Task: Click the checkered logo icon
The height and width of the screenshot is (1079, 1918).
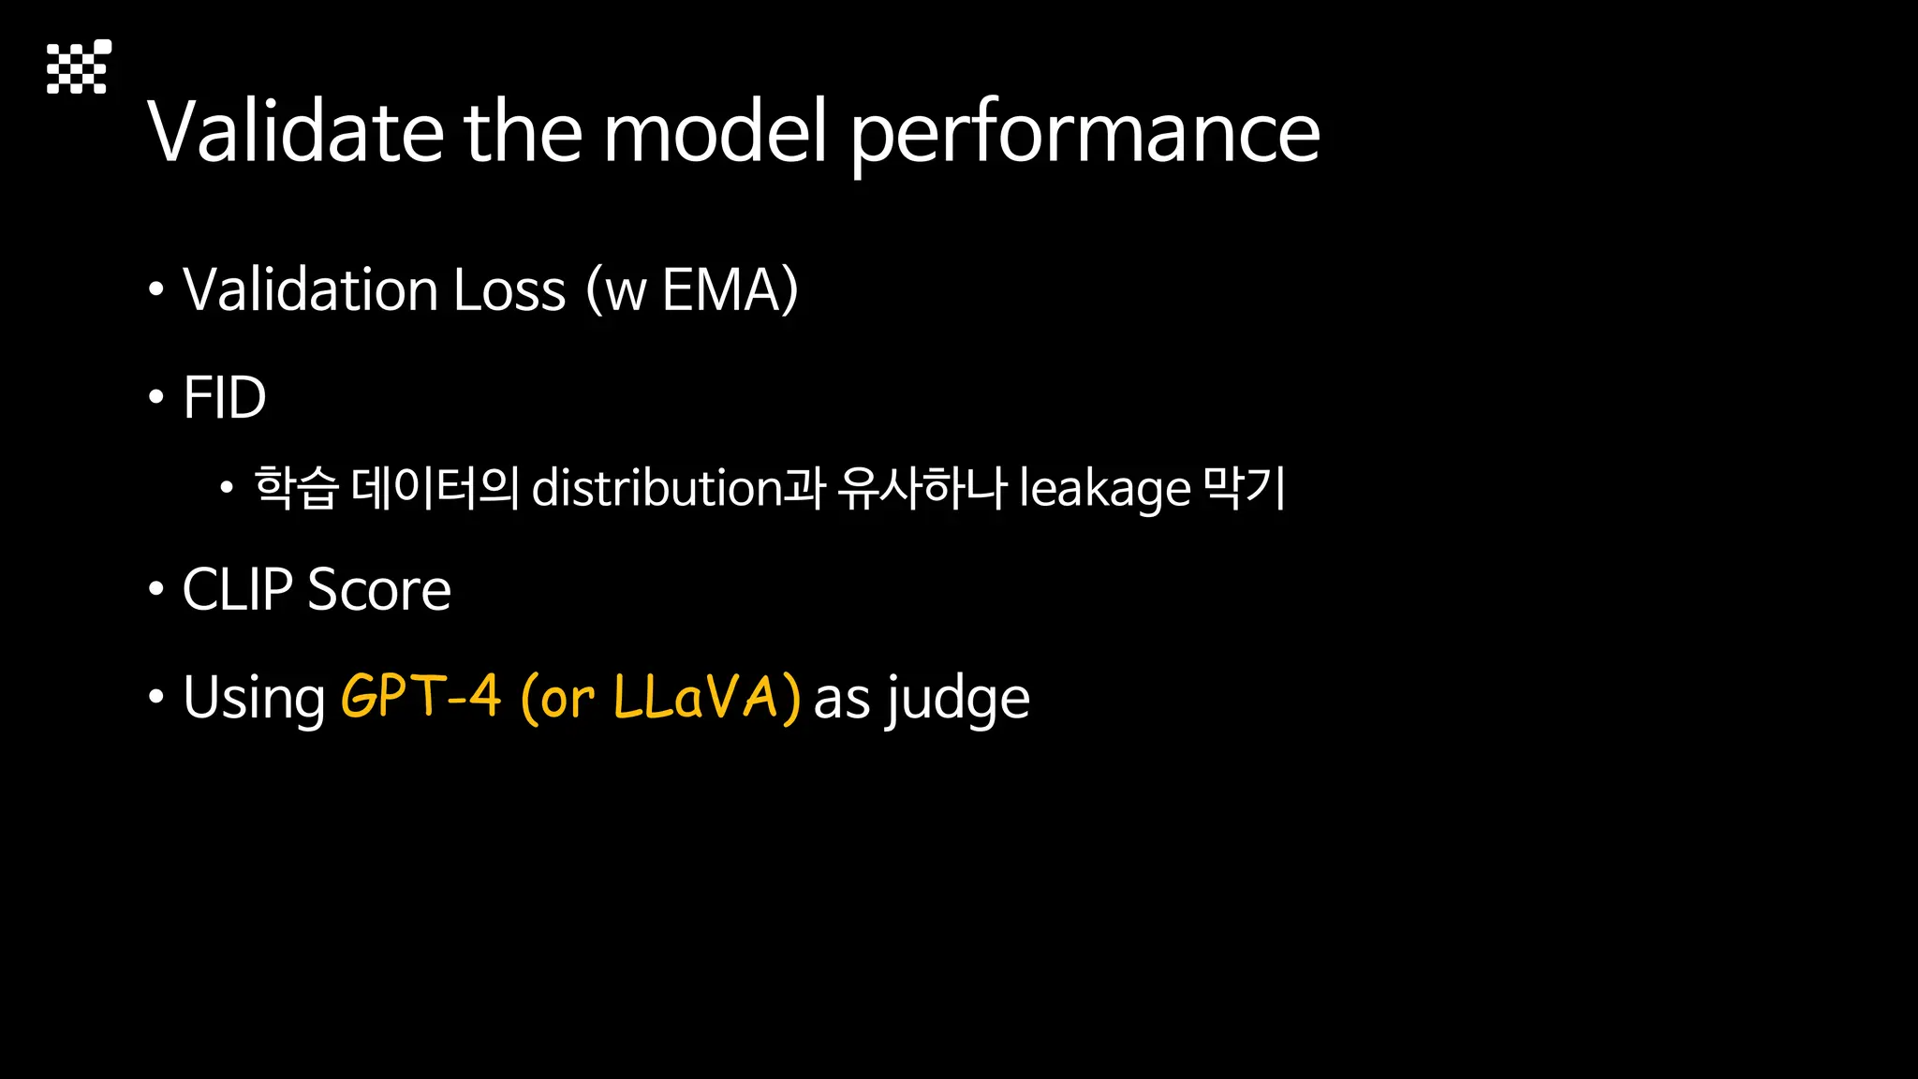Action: pyautogui.click(x=79, y=67)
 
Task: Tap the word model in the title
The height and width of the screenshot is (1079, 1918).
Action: pyautogui.click(x=715, y=132)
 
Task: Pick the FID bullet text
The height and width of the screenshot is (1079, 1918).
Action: pyautogui.click(x=225, y=397)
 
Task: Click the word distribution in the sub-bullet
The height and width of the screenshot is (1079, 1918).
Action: pyautogui.click(x=657, y=488)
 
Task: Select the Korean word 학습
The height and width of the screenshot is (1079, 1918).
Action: pyautogui.click(x=295, y=488)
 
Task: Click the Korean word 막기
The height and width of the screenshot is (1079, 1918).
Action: pyautogui.click(x=1245, y=488)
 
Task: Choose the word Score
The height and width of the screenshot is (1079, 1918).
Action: pyautogui.click(x=379, y=590)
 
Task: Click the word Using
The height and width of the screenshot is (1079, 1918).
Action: pyautogui.click(x=254, y=698)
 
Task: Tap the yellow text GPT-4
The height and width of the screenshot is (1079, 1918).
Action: pyautogui.click(x=420, y=697)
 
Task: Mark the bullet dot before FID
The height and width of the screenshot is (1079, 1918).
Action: pyautogui.click(x=156, y=397)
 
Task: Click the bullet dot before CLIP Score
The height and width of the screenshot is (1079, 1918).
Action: pyautogui.click(x=156, y=589)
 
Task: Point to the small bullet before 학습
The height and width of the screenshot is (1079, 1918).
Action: pyautogui.click(x=226, y=488)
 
